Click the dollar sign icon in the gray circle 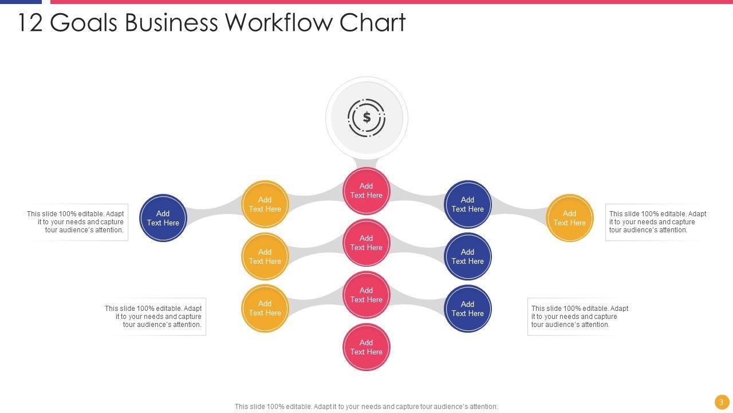point(366,118)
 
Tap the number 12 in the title point(31,23)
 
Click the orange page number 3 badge point(721,402)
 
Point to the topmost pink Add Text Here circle point(366,191)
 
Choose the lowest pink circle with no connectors point(366,347)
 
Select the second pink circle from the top point(366,243)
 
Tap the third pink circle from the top point(366,295)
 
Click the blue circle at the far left point(163,218)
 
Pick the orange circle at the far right point(570,218)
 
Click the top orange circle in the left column point(265,204)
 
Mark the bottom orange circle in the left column point(265,309)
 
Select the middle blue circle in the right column point(468,256)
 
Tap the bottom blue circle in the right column point(468,309)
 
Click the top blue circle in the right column point(468,204)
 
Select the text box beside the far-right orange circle point(657,222)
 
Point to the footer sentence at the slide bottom point(366,407)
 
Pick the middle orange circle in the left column point(265,256)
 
